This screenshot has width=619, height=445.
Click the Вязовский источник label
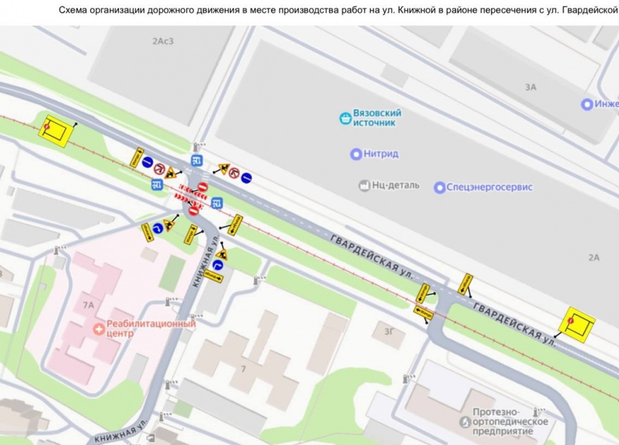377,118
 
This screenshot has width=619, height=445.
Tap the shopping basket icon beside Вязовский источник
345,118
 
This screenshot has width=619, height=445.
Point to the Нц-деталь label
395,185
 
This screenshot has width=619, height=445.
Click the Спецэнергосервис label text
492,187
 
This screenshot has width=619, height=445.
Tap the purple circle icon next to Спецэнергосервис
440,187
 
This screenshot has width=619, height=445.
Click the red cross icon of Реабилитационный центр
99,327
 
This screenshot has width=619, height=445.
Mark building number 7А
88,306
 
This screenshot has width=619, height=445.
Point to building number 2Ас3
162,41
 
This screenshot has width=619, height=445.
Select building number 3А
530,87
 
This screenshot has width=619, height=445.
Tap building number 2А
594,258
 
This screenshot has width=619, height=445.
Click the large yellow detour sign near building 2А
577,323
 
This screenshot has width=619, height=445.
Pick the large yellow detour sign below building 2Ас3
56,130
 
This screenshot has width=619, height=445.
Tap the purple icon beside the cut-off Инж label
587,104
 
